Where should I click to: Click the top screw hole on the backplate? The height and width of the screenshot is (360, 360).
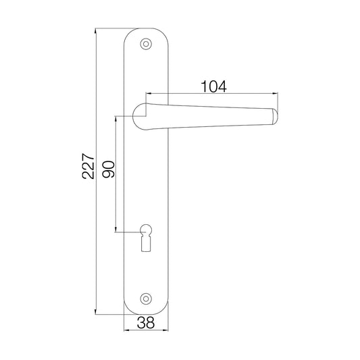point(146,43)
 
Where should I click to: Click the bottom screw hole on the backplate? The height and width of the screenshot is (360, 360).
point(146,299)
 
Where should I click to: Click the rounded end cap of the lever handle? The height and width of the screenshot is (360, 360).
point(274,116)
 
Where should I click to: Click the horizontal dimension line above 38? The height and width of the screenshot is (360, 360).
point(146,331)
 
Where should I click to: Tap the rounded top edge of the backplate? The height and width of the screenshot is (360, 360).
point(146,29)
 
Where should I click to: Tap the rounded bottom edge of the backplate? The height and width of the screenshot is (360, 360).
point(146,313)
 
